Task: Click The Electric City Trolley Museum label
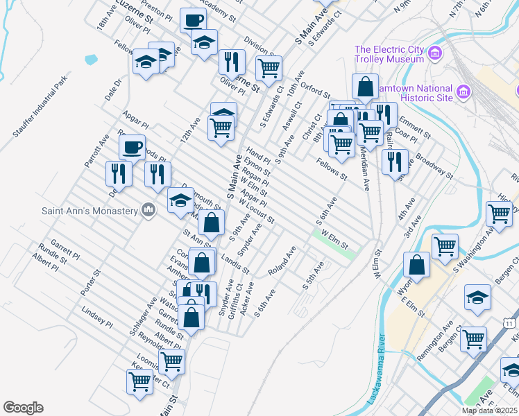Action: tap(389, 54)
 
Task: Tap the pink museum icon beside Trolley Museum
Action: tap(434, 53)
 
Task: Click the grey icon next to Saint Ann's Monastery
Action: tap(147, 209)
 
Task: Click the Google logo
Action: tap(23, 408)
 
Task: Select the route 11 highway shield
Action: tap(510, 323)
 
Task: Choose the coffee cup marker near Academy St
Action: tap(193, 19)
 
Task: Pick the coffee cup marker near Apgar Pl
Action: tap(132, 146)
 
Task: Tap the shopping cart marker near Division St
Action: tap(268, 67)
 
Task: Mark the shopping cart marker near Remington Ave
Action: tap(473, 338)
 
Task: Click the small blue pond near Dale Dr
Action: tap(92, 60)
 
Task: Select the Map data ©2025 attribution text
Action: tap(489, 410)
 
